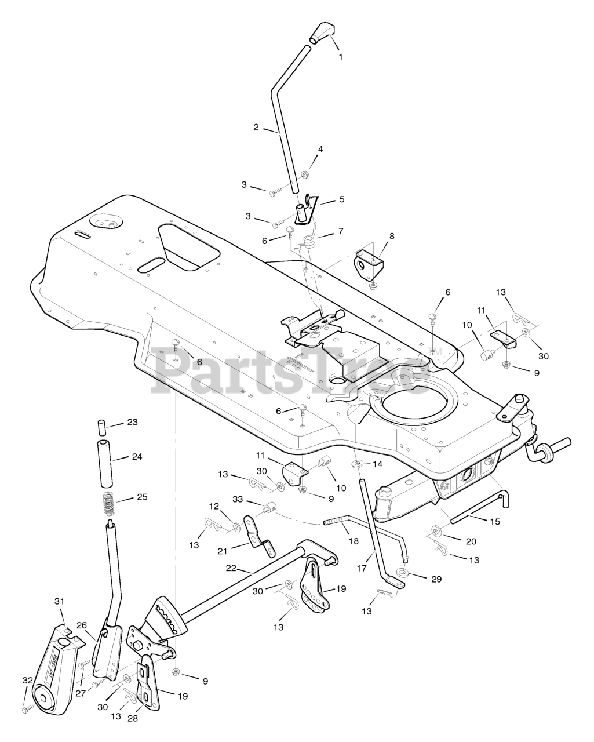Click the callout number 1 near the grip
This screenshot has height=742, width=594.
pyautogui.click(x=341, y=57)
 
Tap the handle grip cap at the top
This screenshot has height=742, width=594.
pyautogui.click(x=321, y=32)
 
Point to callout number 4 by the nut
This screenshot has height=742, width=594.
pyautogui.click(x=320, y=149)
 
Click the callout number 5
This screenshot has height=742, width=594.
pyautogui.click(x=342, y=199)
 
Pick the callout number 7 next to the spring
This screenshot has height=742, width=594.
pyautogui.click(x=341, y=231)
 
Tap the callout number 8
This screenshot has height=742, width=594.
pyautogui.click(x=392, y=236)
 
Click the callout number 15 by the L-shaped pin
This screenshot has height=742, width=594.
pyautogui.click(x=494, y=522)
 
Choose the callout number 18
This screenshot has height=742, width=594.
pyautogui.click(x=354, y=540)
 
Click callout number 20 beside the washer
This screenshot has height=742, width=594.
pyautogui.click(x=471, y=541)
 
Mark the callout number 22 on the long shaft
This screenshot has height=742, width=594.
pyautogui.click(x=231, y=569)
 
